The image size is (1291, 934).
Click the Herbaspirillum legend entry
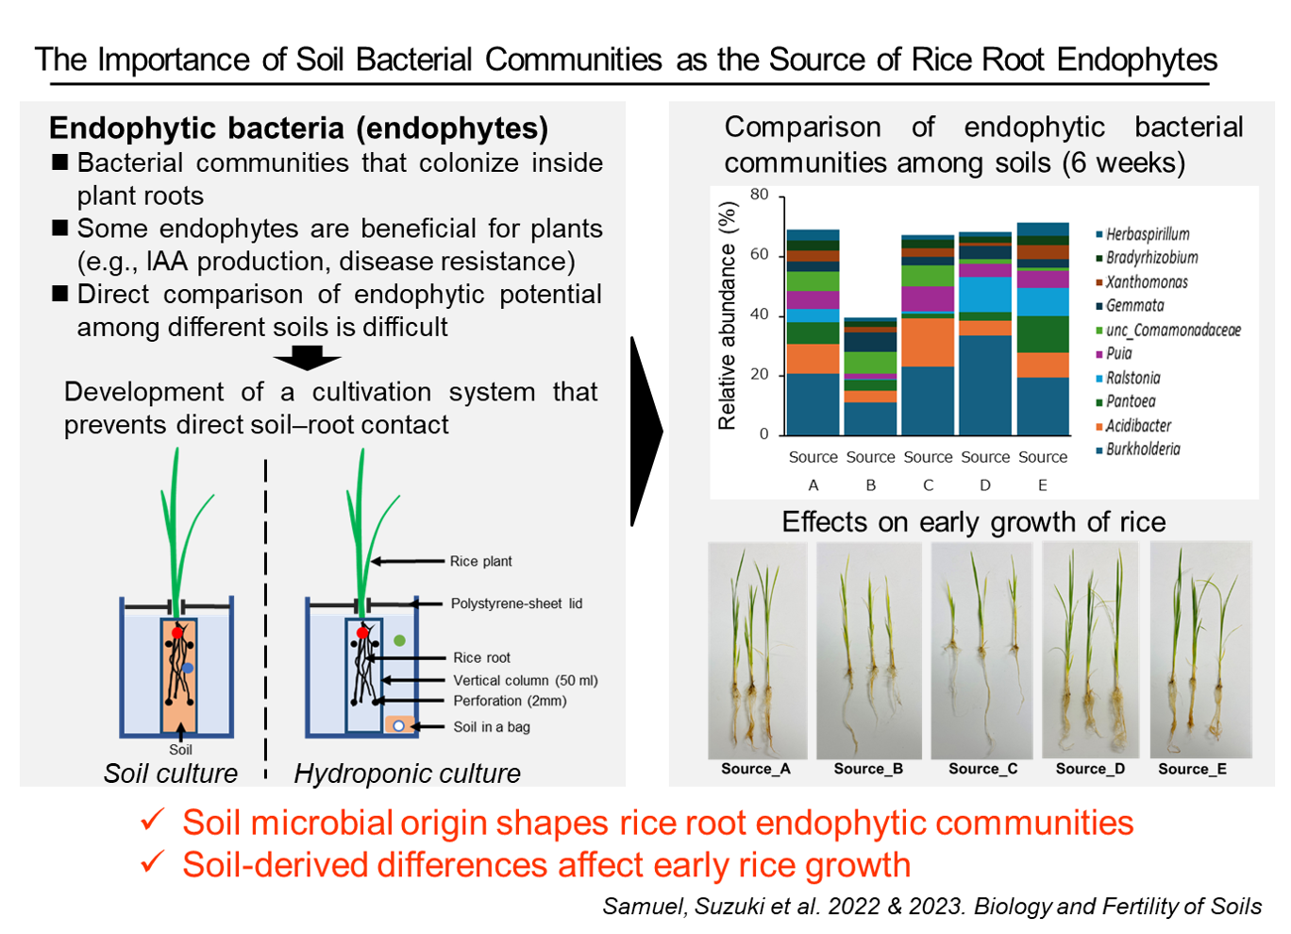click(1142, 234)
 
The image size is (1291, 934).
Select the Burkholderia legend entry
click(1138, 450)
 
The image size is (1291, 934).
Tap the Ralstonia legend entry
click(1128, 379)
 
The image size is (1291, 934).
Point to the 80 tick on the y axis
click(760, 195)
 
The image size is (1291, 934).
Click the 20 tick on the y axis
click(760, 374)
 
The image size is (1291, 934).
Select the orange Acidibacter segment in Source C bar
click(928, 343)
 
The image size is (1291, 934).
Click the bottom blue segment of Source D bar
click(985, 385)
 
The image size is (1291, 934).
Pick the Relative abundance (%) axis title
click(728, 315)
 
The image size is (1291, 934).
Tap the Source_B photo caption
click(868, 769)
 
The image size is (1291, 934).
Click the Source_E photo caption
click(1193, 769)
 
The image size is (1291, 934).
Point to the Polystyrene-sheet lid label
click(516, 603)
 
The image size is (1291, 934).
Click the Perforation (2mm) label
click(510, 701)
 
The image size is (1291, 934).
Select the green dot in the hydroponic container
click(399, 640)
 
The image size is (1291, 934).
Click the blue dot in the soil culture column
click(187, 668)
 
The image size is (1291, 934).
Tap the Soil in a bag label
click(492, 727)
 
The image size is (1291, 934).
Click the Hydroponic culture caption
click(408, 773)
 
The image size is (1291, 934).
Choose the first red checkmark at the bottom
click(153, 820)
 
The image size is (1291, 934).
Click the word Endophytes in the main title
click(1137, 60)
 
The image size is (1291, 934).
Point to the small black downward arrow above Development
click(308, 358)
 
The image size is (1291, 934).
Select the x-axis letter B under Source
click(871, 485)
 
